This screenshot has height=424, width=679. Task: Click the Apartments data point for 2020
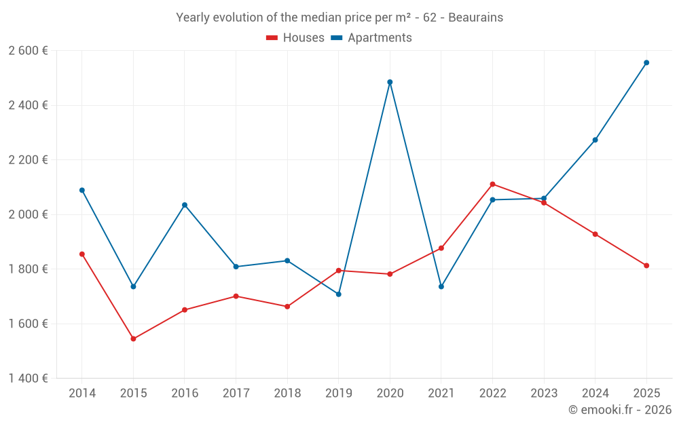[390, 82]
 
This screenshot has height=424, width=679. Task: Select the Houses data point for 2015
[133, 339]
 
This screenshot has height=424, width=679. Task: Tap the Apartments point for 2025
[646, 62]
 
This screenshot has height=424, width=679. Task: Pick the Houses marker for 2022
[492, 184]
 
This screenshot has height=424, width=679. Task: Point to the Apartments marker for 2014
[82, 190]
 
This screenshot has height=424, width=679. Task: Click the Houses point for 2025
[646, 265]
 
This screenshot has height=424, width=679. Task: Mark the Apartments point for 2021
[441, 286]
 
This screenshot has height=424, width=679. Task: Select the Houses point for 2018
[287, 307]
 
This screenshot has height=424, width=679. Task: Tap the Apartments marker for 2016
[185, 205]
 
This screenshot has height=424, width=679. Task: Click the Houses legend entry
[295, 38]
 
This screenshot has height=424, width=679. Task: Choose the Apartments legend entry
[371, 38]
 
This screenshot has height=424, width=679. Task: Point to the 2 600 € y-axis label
[28, 51]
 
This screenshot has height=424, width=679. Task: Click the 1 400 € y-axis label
[28, 379]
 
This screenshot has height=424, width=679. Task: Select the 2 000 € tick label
[28, 214]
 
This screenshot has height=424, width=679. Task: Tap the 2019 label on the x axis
[338, 393]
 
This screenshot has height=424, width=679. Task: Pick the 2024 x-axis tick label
[595, 393]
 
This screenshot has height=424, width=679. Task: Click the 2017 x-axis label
[236, 393]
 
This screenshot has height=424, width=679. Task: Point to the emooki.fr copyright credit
[620, 410]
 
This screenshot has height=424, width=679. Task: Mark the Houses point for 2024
[595, 234]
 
